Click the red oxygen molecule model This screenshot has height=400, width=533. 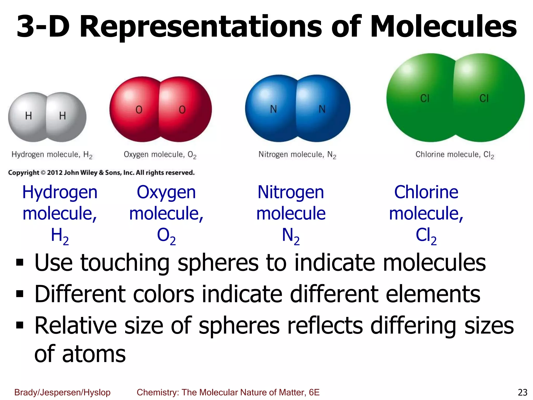(161, 109)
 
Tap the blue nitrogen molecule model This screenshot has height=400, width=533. (297, 108)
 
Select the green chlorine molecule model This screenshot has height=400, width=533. (455, 98)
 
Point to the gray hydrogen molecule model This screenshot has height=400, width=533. (47, 117)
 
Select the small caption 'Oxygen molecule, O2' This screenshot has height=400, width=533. (160, 155)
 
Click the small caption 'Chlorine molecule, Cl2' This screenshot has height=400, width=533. (454, 155)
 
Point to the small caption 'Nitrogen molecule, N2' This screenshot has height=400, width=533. (297, 155)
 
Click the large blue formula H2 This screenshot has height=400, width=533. (60, 236)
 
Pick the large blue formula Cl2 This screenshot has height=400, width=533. (426, 236)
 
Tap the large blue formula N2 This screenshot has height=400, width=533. (291, 236)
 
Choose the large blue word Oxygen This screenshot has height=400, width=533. (166, 193)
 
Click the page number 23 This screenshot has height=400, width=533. (522, 392)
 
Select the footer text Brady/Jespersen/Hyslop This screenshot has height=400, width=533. (62, 392)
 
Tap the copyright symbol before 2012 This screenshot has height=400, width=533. (43, 173)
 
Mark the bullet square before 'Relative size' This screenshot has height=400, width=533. (20, 325)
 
